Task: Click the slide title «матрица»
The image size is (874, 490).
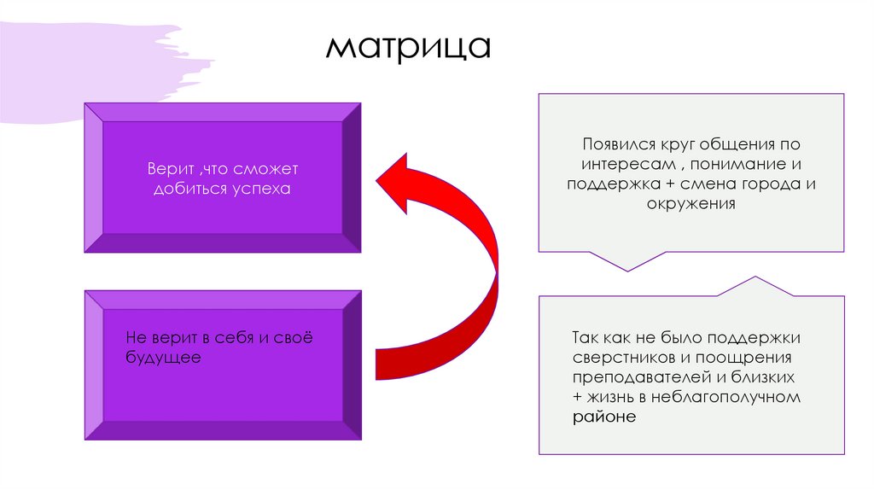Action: click(x=408, y=49)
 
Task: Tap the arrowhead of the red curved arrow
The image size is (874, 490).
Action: click(x=398, y=177)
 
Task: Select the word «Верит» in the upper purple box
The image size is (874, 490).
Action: click(x=167, y=169)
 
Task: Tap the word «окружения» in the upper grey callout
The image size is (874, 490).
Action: click(x=690, y=205)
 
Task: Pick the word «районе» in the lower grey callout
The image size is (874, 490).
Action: click(x=604, y=417)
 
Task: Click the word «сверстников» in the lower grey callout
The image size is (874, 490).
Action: click(x=618, y=356)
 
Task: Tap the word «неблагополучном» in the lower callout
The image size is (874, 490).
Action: click(x=725, y=397)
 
